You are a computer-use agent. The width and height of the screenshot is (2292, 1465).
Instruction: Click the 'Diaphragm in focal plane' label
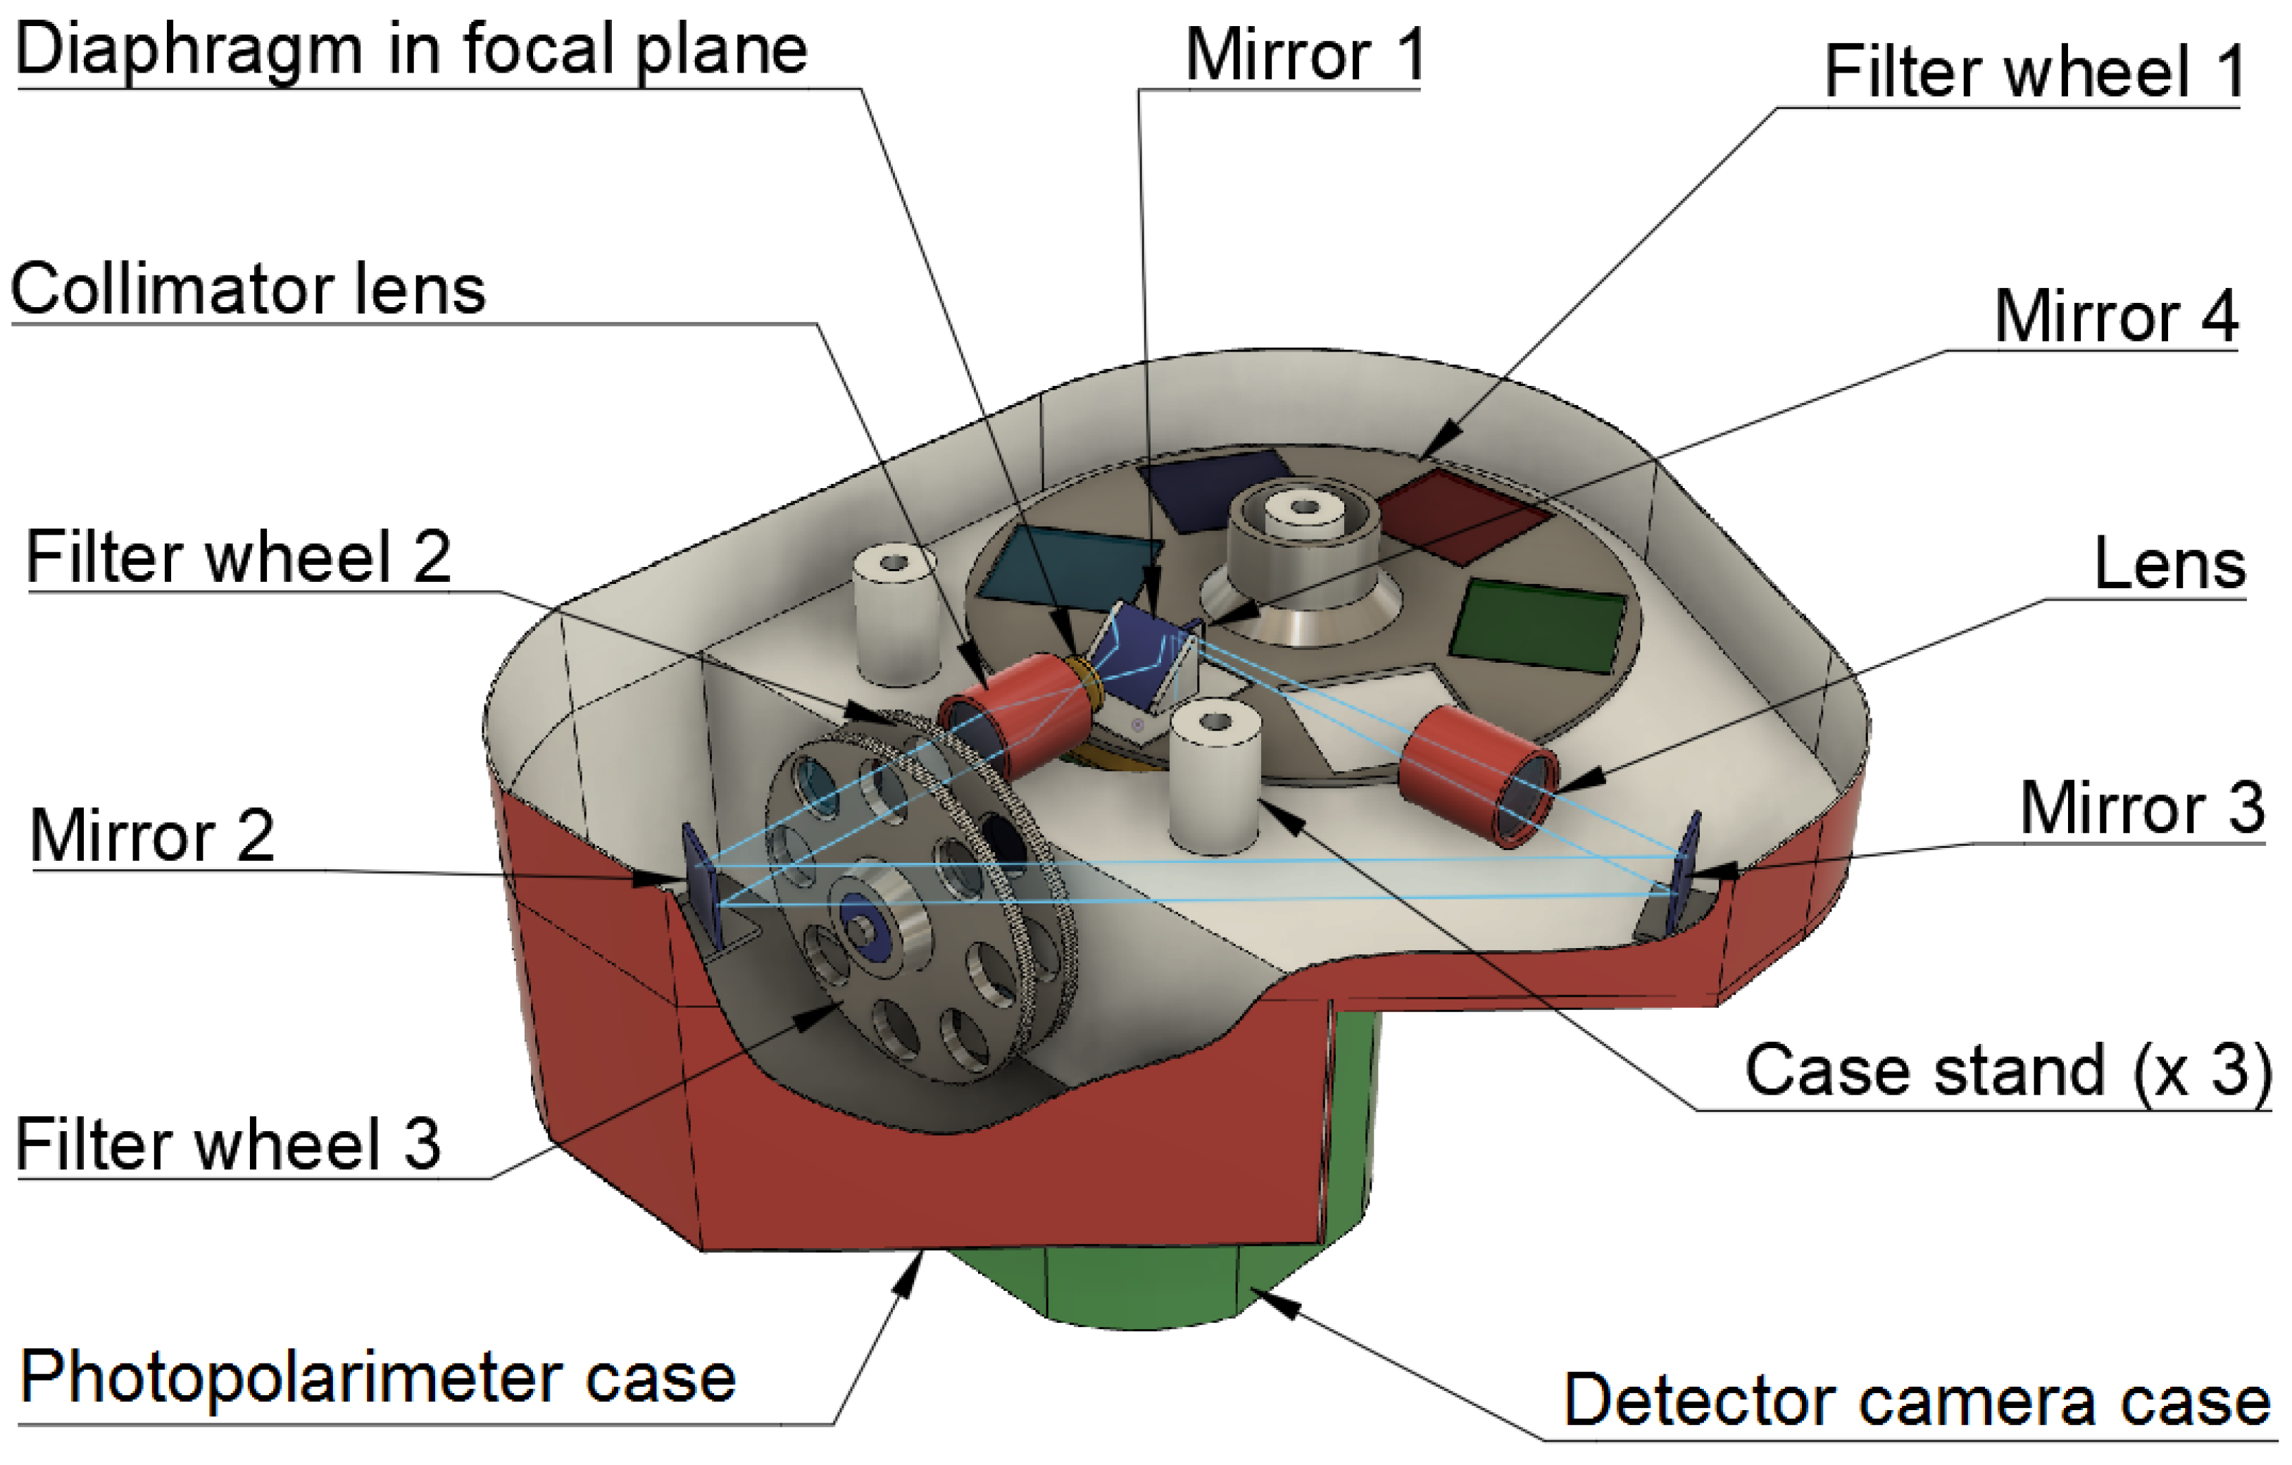click(411, 49)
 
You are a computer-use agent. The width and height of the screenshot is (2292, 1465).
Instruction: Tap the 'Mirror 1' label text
click(1304, 55)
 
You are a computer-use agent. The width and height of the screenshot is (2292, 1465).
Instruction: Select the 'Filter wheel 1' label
click(2033, 73)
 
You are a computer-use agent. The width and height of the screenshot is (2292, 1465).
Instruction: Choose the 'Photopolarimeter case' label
click(379, 1378)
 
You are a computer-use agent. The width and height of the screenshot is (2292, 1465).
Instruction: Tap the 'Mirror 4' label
click(2115, 318)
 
